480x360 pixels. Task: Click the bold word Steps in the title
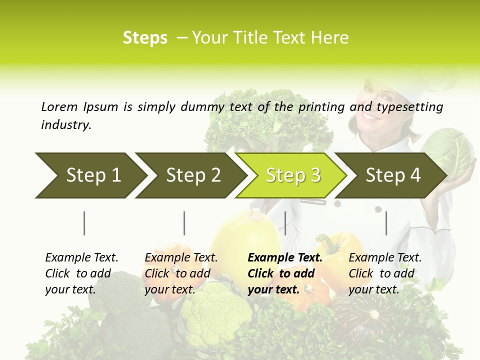[145, 38]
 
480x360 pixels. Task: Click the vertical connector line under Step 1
[84, 223]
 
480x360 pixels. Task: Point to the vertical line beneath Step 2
[184, 223]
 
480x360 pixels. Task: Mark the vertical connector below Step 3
[285, 223]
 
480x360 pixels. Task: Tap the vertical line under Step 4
[386, 223]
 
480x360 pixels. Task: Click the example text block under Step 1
[81, 273]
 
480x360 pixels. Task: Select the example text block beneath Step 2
[181, 273]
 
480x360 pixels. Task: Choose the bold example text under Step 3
[285, 273]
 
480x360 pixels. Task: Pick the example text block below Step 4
[385, 273]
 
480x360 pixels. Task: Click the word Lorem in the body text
[59, 106]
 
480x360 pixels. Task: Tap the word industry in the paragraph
[65, 124]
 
